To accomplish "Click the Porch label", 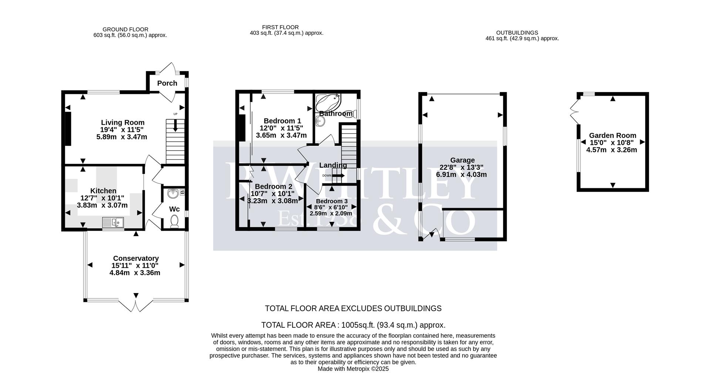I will coord(167,83).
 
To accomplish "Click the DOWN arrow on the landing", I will coord(338,175).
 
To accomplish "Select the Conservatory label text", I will coord(136,258).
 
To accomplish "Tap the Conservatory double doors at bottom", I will coord(136,306).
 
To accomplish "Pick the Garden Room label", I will coord(612,135).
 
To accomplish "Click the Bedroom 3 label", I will coord(332,201).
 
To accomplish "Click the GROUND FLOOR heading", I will coord(125,29).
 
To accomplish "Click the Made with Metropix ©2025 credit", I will coord(353,369).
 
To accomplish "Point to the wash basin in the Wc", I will coord(173,193).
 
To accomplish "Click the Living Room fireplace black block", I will coord(68,128).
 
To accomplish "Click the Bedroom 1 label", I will coord(282,121).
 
